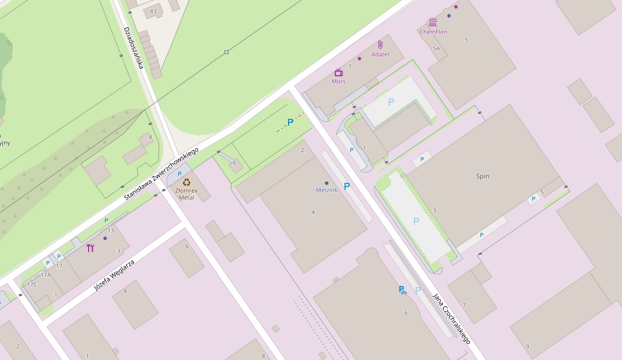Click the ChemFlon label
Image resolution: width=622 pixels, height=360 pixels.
point(433,32)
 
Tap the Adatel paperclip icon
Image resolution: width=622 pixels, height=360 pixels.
point(380,45)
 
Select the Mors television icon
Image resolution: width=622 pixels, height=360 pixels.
point(339,72)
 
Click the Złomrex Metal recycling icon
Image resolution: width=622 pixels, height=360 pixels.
point(187,182)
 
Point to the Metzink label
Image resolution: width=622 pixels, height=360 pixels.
point(326,190)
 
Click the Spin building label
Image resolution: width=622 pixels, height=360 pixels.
point(483,176)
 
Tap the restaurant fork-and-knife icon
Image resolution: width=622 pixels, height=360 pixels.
point(90,248)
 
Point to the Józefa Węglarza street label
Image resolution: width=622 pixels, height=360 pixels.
point(114,276)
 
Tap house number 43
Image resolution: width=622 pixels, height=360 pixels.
point(153,11)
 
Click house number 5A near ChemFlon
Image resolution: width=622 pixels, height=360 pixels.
point(436,49)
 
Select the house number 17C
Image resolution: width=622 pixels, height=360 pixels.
point(31,284)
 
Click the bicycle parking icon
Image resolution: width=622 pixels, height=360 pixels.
point(402,290)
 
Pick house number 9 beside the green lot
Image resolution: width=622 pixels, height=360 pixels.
point(234,164)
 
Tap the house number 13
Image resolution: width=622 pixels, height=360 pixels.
point(111,230)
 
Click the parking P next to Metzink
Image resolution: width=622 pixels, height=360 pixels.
point(347,186)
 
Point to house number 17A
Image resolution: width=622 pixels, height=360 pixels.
point(45,274)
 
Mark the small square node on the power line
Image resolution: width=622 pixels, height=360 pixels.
point(226,52)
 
